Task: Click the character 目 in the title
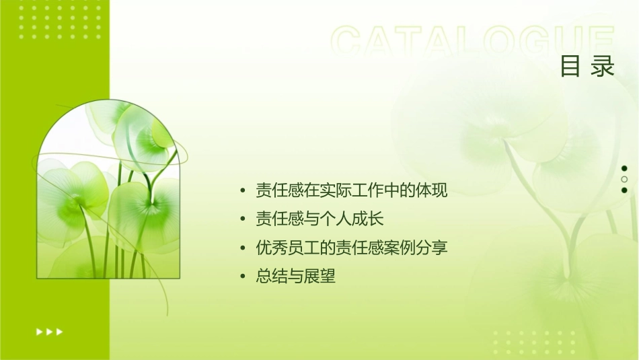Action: [x=570, y=66]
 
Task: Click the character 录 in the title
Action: [x=603, y=66]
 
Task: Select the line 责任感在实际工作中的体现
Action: [x=351, y=190]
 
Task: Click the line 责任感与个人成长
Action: [x=319, y=219]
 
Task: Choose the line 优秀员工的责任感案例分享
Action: [x=351, y=248]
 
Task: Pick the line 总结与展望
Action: [x=295, y=277]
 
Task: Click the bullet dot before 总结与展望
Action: [x=243, y=277]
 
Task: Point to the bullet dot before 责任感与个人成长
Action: [x=243, y=220]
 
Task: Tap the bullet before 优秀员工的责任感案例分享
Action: [x=243, y=248]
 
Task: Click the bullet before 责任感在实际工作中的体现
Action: [x=243, y=191]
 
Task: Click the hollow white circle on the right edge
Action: [x=624, y=179]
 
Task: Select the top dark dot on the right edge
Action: [x=624, y=168]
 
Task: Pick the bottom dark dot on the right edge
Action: [x=624, y=190]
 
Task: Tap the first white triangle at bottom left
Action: [x=39, y=332]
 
